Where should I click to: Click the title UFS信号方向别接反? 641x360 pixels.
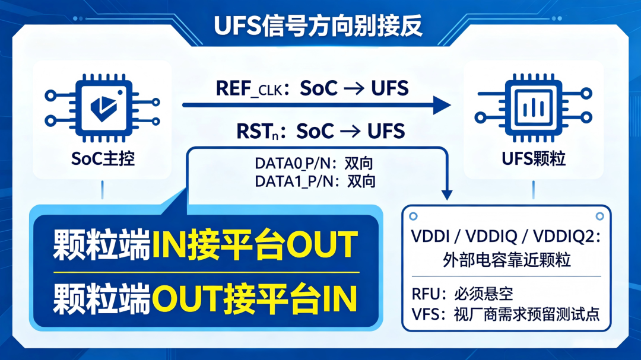[x=318, y=26]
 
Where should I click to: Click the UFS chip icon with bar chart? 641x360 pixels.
[x=534, y=107]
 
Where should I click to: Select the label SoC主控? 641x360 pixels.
[x=103, y=158]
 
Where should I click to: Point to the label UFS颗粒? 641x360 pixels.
[x=534, y=158]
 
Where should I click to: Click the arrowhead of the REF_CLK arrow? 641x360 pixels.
[x=442, y=106]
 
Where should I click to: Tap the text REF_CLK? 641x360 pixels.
[x=249, y=89]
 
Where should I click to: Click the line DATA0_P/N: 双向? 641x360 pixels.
[x=314, y=164]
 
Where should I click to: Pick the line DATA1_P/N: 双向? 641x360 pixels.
[x=315, y=181]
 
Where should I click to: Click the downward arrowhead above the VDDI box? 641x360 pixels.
[x=447, y=195]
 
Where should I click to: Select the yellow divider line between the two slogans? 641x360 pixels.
[x=207, y=272]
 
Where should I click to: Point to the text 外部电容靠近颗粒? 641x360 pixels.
[x=506, y=260]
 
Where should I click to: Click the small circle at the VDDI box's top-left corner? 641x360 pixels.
[x=413, y=216]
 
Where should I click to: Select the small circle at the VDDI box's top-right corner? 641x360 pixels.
[x=599, y=216]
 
